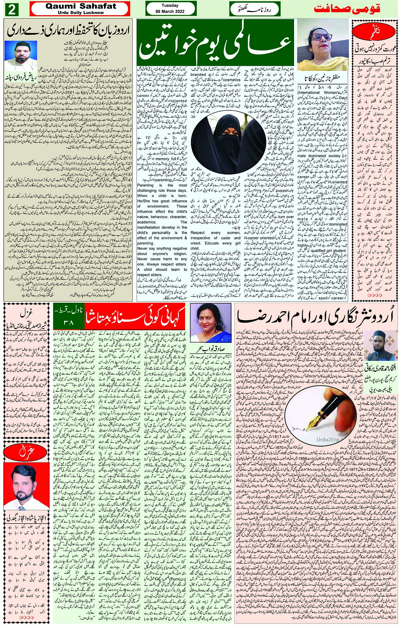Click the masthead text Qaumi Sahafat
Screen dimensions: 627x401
pyautogui.click(x=81, y=6)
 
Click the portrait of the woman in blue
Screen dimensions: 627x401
pyautogui.click(x=210, y=323)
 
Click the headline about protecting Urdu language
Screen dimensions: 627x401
pyautogui.click(x=68, y=30)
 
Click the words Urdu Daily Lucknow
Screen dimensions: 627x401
pyautogui.click(x=81, y=13)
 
